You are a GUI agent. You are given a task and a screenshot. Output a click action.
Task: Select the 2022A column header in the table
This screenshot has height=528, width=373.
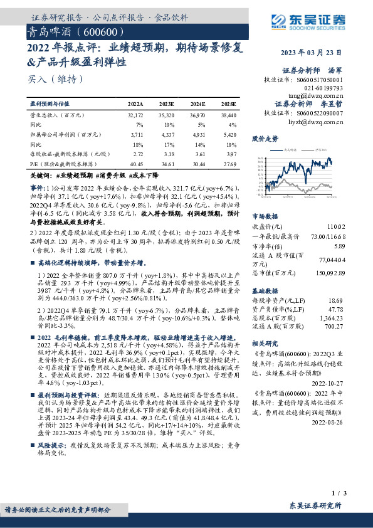coord(135,103)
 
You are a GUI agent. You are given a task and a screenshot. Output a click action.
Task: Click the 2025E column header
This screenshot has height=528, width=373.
coord(228,103)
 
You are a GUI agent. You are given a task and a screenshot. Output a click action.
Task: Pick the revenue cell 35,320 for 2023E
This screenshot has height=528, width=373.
coord(167,116)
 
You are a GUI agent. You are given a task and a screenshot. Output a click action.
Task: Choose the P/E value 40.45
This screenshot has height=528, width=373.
coord(135,162)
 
